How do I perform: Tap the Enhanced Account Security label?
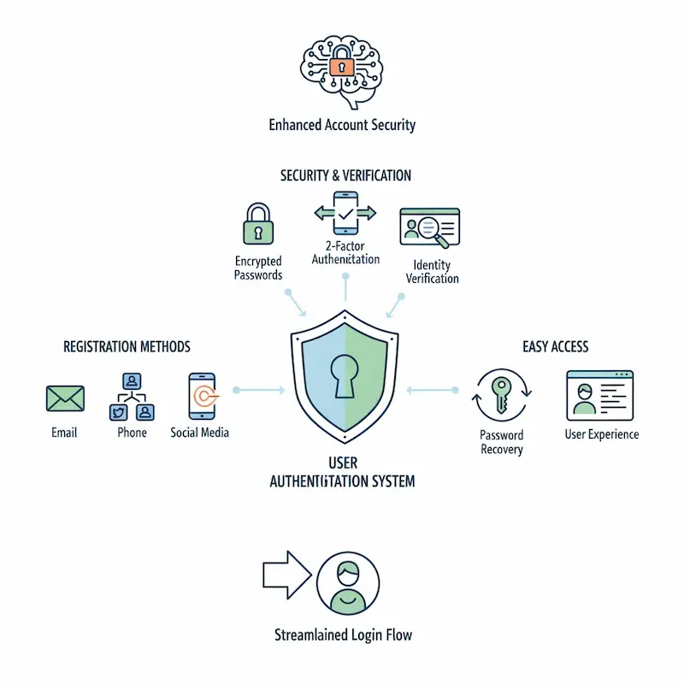click(342, 125)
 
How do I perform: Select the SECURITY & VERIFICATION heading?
click(345, 175)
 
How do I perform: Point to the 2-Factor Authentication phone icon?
click(345, 213)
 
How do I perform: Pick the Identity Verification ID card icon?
click(430, 227)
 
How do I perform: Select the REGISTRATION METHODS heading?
click(127, 347)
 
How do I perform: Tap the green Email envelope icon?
click(65, 398)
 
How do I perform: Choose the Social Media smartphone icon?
click(202, 395)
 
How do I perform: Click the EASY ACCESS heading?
click(555, 347)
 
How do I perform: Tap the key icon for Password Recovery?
click(502, 395)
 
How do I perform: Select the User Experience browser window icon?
click(599, 395)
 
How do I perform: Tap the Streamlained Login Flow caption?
click(343, 635)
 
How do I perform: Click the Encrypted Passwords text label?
click(258, 268)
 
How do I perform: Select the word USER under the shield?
click(342, 463)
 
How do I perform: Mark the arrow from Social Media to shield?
click(259, 390)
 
